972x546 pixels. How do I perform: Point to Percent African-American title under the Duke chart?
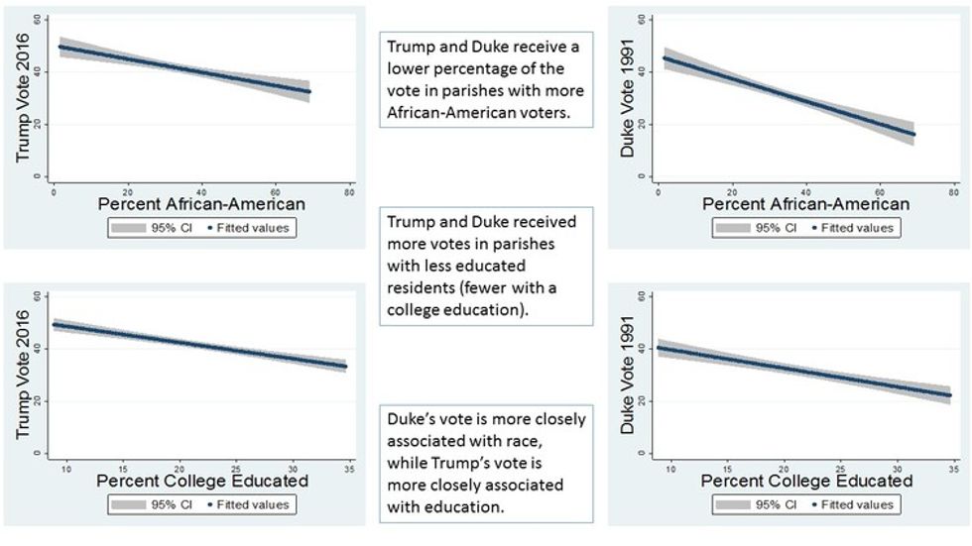pyautogui.click(x=804, y=205)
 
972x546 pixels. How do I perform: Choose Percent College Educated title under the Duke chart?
pyautogui.click(x=804, y=482)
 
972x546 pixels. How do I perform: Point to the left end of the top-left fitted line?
pyautogui.click(x=61, y=47)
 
